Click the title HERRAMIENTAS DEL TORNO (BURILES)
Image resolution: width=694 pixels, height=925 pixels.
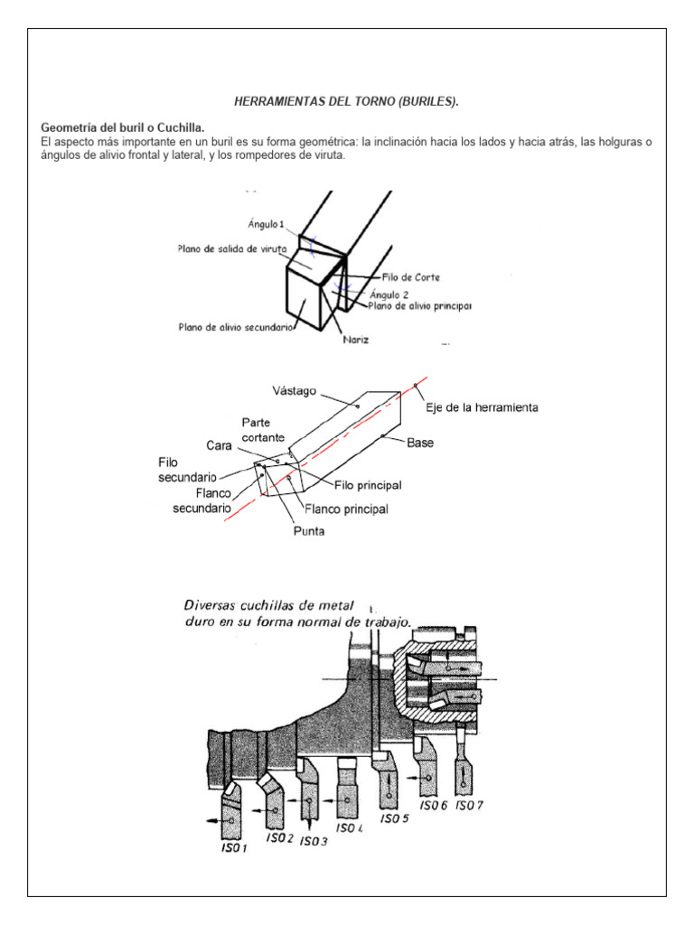[347, 103]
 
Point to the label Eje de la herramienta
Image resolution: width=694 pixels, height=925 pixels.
[483, 407]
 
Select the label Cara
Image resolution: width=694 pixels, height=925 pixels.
[218, 445]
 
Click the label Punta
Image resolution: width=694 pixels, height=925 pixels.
[310, 531]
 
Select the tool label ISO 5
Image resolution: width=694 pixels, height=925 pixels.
[394, 818]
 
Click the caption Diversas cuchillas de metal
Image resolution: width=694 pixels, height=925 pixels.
[270, 604]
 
